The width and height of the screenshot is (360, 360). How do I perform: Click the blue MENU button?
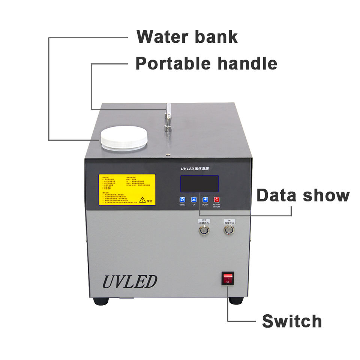click(182, 200)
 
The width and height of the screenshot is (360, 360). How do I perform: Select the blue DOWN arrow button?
click(205, 200)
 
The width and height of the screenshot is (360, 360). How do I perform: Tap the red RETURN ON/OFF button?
click(217, 200)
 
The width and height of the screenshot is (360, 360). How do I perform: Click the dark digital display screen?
click(199, 184)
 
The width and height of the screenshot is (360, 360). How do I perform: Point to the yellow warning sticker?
click(127, 190)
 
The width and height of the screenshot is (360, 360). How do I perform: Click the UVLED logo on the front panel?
click(130, 281)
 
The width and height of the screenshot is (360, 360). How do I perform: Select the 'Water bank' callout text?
click(187, 37)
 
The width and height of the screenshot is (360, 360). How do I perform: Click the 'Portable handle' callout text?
click(206, 63)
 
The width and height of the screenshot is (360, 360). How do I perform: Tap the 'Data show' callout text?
click(303, 195)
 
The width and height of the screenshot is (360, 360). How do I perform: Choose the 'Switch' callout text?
click(292, 321)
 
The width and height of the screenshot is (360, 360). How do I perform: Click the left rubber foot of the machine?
click(101, 301)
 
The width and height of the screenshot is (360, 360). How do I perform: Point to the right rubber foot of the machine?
click(236, 300)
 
